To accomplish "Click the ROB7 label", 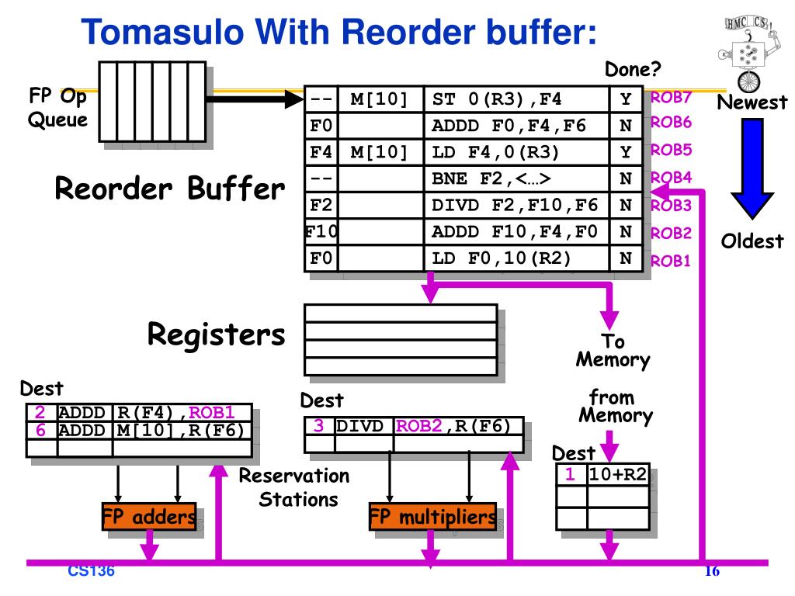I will pos(670,98).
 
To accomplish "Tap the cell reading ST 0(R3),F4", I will pos(516,99).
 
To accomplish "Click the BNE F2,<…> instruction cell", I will pos(516,178).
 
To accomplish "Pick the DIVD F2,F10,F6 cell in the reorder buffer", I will pos(516,205).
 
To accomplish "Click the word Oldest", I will pos(752,241).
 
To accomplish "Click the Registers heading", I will pos(217,335).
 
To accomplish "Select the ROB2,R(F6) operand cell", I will pos(458,426).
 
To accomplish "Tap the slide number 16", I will pos(712,573).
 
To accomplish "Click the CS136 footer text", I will pos(91,572).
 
